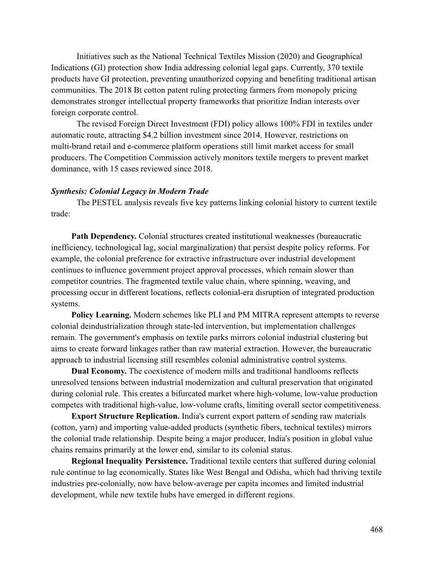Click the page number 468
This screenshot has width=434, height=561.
tap(376, 529)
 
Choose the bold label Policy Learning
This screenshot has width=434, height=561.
tap(101, 315)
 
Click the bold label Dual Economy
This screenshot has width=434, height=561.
tap(99, 371)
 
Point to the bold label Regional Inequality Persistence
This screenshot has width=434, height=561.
tap(129, 461)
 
